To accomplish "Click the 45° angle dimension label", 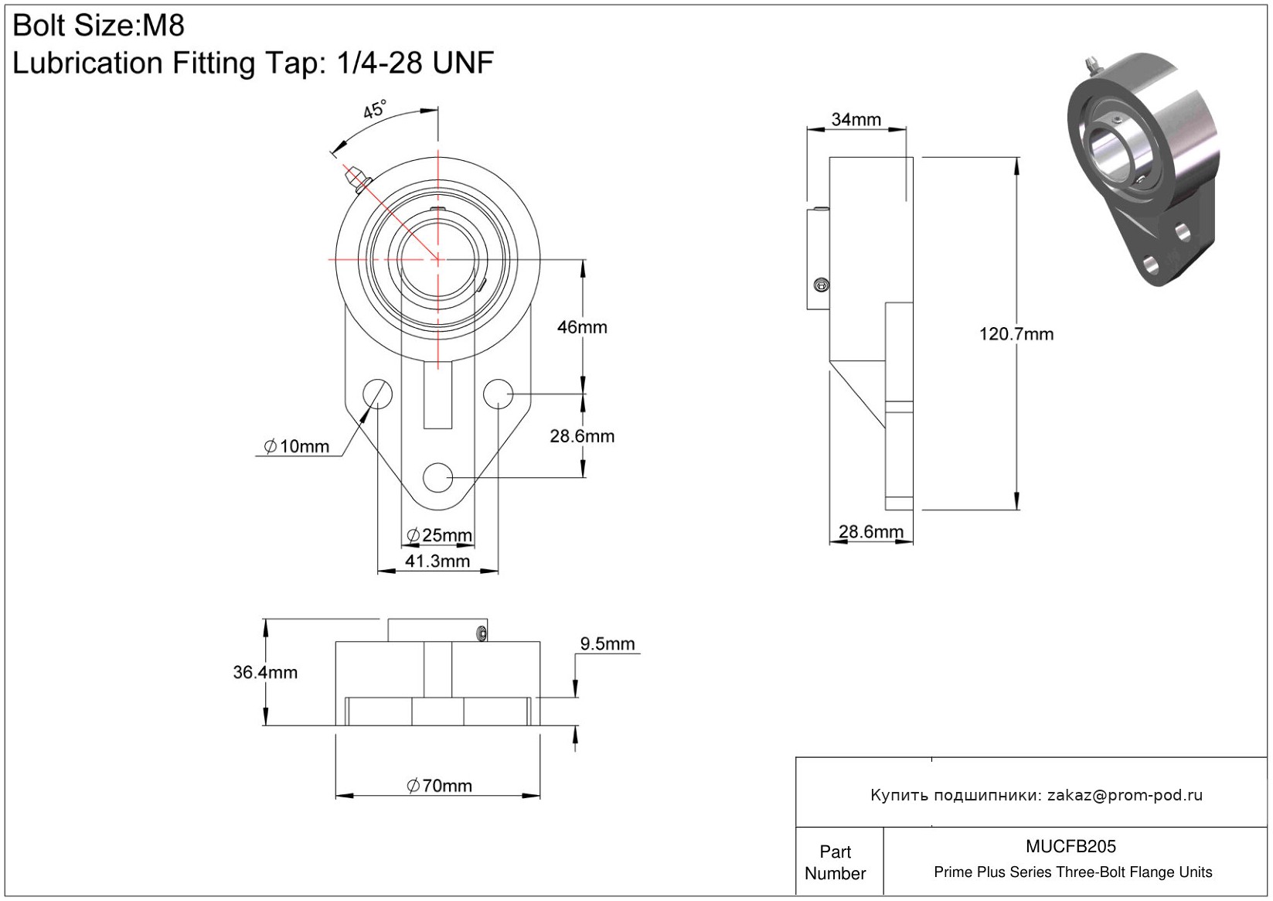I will click(x=376, y=110).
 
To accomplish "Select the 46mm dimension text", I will click(x=582, y=327).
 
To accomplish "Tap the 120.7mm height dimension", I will click(x=1016, y=334).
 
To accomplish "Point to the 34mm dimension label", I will click(x=856, y=119).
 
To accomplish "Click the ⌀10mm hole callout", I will click(x=297, y=446).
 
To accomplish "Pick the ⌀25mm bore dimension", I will click(x=439, y=535).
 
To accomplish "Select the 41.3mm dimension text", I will click(x=437, y=561).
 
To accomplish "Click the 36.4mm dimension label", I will click(x=265, y=672).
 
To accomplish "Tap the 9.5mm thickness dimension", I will click(x=607, y=643).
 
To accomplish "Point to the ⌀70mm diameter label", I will click(x=439, y=786).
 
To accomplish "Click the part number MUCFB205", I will click(x=1070, y=846).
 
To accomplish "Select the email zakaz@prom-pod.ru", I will click(x=1125, y=795).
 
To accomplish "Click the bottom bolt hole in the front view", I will click(x=438, y=477).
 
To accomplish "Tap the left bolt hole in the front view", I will click(x=378, y=394).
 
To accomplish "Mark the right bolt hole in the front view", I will click(x=499, y=394).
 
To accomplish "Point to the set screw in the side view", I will click(x=821, y=286).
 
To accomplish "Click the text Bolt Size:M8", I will click(x=99, y=26).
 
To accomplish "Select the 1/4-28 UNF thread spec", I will click(x=415, y=63).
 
